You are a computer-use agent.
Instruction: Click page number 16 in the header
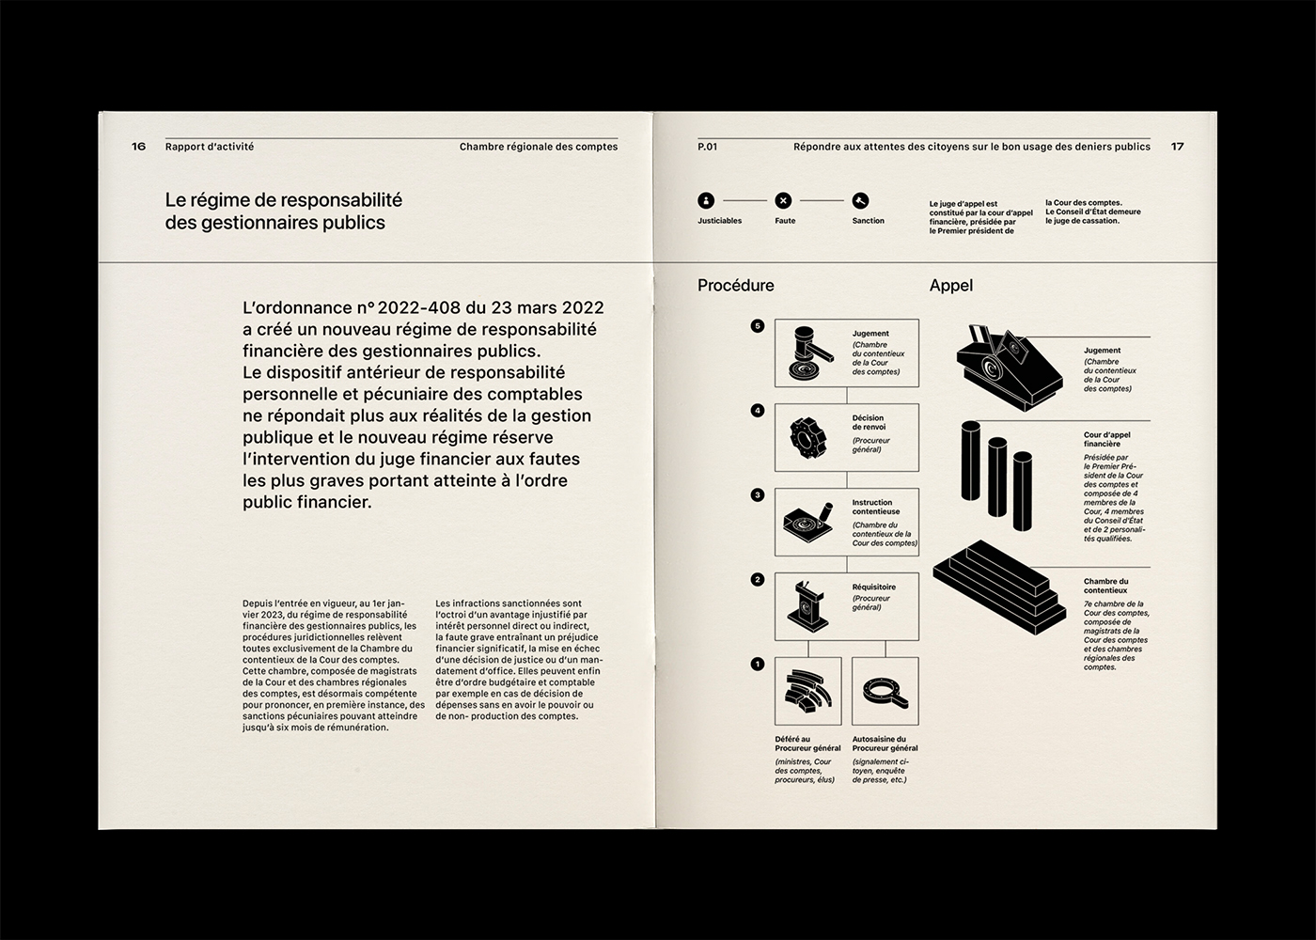[138, 147]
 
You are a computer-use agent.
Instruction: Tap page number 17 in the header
[1177, 147]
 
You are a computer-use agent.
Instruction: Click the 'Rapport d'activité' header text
[210, 147]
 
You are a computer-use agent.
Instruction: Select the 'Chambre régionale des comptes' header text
[539, 147]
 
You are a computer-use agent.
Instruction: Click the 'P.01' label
[707, 147]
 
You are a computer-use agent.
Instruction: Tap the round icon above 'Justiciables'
[706, 200]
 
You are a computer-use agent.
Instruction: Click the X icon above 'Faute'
[783, 200]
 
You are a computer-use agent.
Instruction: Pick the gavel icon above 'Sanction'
[860, 200]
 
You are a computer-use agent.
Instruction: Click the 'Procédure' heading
[735, 286]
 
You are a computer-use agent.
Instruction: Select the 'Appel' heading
[950, 286]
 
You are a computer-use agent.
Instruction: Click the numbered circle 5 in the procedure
[758, 326]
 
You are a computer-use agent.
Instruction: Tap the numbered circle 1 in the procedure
[758, 665]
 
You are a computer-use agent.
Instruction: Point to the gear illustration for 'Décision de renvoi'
[807, 437]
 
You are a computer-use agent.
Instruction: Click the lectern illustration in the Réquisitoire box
[807, 606]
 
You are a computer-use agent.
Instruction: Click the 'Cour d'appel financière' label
[1106, 439]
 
